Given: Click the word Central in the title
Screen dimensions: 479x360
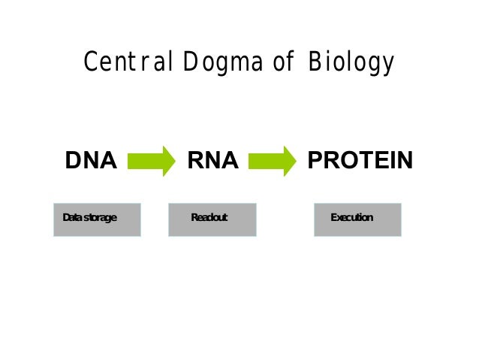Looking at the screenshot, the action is coord(128,62).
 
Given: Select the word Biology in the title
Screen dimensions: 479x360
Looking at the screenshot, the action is coord(350,63).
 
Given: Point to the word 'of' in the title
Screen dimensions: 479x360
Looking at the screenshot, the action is coord(282,62).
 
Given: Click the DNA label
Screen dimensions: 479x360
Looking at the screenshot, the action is coord(91,161).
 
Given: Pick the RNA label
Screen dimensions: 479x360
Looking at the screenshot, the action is coord(212,161).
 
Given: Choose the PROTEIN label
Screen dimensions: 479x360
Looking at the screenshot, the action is coord(360,161).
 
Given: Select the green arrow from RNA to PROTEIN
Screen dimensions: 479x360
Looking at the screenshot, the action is coord(272,161).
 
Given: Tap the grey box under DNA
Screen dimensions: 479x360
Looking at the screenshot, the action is coord(97,219).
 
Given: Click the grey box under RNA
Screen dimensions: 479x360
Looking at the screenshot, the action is coord(212,219).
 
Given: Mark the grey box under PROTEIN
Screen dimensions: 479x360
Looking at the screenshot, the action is coord(357,219).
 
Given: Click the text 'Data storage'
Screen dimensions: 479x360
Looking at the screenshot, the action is coord(89,218).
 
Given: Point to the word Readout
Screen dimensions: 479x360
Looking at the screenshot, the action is coord(209,218).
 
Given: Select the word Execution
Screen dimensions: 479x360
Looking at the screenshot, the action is coord(351,218).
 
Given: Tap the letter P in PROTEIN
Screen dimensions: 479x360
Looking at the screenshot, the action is coord(314,161).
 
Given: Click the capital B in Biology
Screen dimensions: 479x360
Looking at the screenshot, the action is coord(314,62).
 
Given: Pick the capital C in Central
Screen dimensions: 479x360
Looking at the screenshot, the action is coord(90,62).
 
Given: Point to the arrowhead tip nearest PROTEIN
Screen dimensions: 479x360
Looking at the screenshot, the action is coord(296,161).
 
